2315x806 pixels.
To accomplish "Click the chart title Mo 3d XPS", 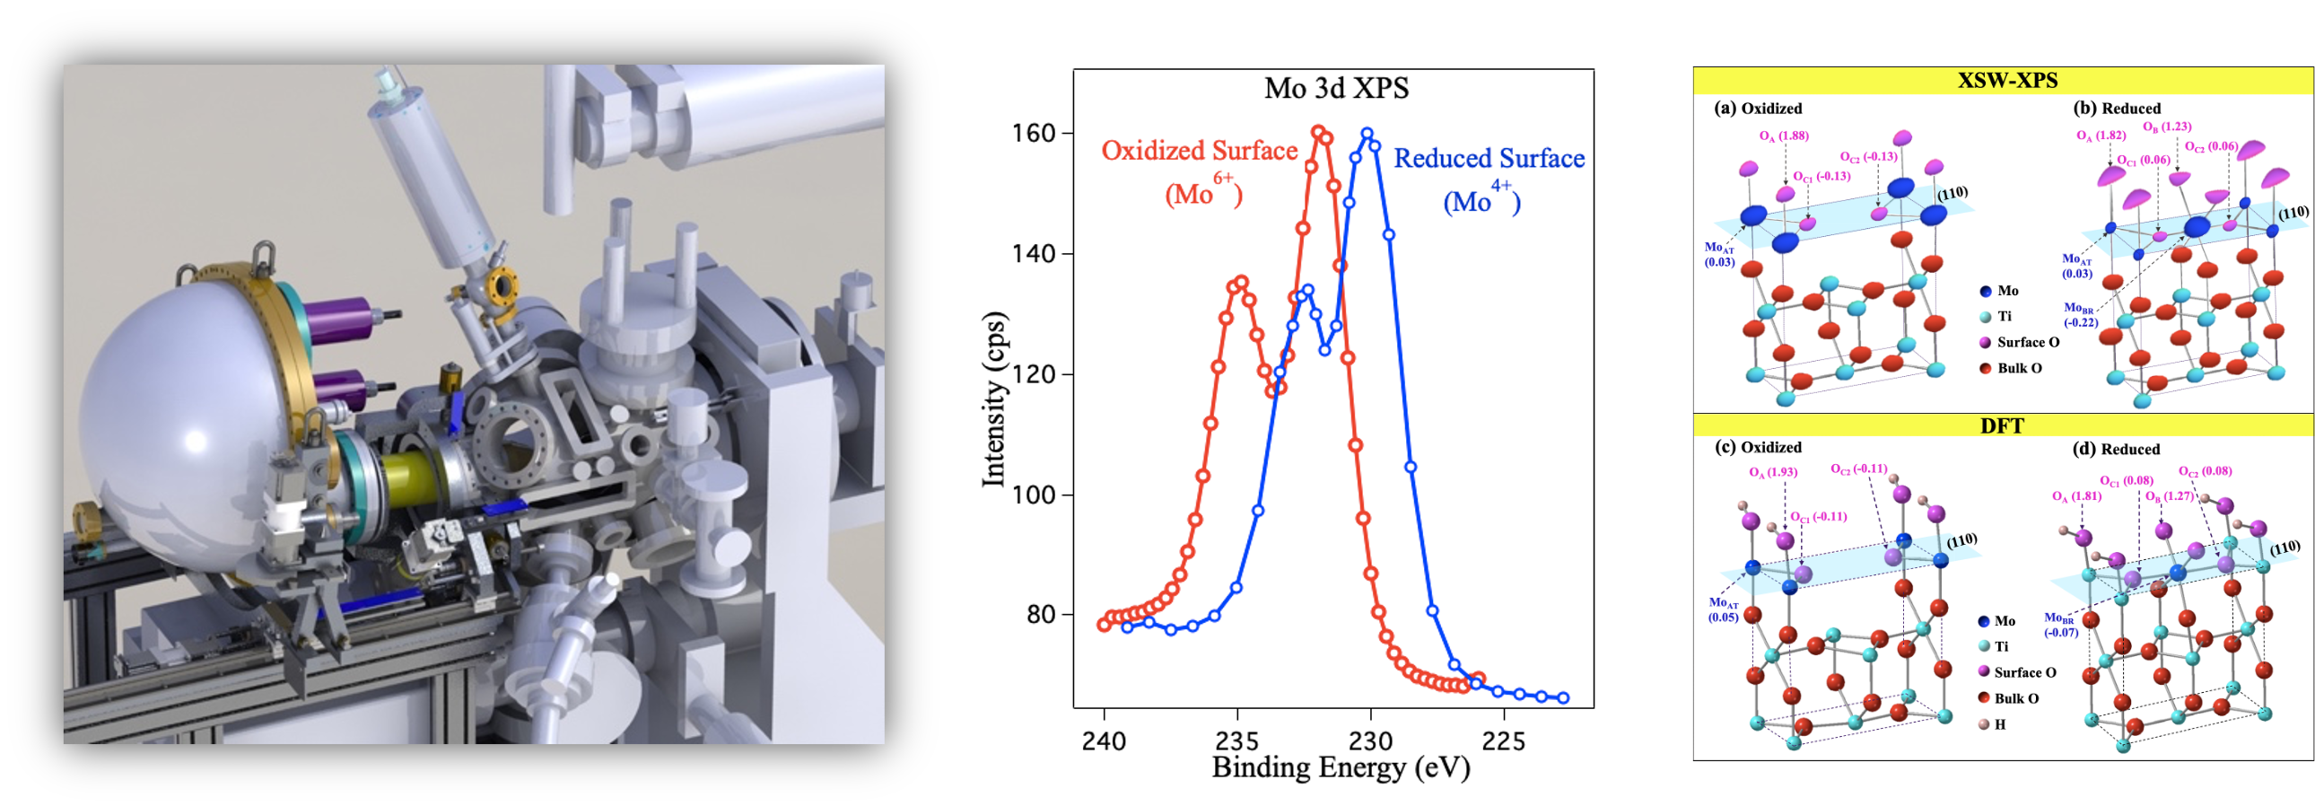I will pyautogui.click(x=1336, y=88).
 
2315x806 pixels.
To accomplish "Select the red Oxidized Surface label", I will pyautogui.click(x=1199, y=151).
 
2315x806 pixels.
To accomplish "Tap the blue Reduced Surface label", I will pyautogui.click(x=1489, y=159).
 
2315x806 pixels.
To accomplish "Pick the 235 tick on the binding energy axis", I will pyautogui.click(x=1237, y=741).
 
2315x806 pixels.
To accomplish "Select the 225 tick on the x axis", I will pyautogui.click(x=1504, y=741).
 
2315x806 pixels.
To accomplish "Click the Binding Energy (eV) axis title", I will pyautogui.click(x=1341, y=768).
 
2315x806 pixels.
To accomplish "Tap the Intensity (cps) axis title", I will pyautogui.click(x=994, y=399).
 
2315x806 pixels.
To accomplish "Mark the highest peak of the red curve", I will pyautogui.click(x=1318, y=132).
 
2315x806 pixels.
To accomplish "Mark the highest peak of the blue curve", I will pyautogui.click(x=1367, y=134).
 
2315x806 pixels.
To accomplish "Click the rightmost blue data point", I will pyautogui.click(x=1563, y=698).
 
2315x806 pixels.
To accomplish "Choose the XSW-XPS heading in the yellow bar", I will pyautogui.click(x=2006, y=81).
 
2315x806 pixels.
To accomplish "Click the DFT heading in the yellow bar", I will pyautogui.click(x=2001, y=426).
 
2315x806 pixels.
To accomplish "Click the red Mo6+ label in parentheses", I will pyautogui.click(x=1203, y=192).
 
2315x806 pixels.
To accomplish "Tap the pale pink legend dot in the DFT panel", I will pyautogui.click(x=1984, y=723).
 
